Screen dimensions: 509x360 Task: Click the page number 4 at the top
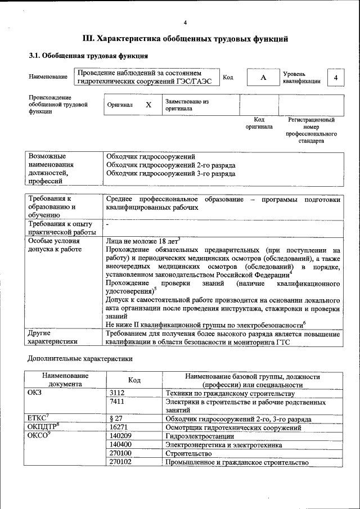click(185, 22)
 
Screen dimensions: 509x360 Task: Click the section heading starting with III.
click(185, 39)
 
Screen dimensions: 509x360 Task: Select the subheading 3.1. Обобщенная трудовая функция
click(88, 56)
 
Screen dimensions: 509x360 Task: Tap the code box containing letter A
click(263, 78)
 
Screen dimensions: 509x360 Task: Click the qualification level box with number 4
click(336, 78)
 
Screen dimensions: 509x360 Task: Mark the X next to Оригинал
click(148, 105)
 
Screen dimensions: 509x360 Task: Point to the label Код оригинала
click(259, 123)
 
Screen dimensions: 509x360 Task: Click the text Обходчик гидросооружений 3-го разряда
click(171, 174)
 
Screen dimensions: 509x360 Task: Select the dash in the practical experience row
click(107, 224)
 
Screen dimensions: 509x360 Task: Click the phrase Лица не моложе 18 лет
click(142, 240)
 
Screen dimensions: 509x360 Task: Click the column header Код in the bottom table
click(134, 380)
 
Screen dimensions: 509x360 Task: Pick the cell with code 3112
click(117, 393)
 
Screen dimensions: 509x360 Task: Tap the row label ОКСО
click(37, 436)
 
